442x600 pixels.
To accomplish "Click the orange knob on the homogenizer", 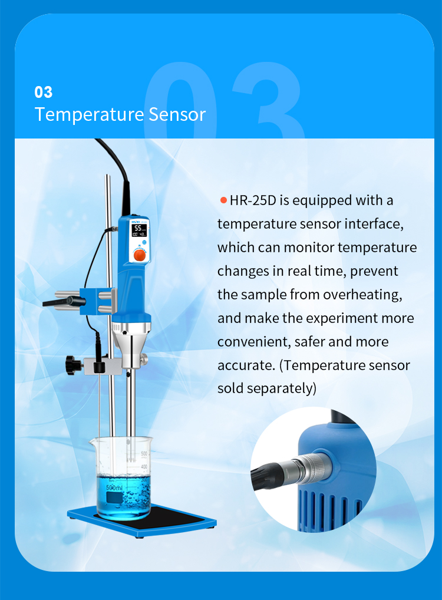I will (140, 254).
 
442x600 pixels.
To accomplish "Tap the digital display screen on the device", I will (140, 230).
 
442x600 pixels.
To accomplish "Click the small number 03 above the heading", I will (44, 92).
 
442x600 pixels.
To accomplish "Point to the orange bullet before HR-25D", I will (223, 200).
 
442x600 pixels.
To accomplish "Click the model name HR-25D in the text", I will (253, 200).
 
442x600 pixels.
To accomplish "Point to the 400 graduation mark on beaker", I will (143, 467).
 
